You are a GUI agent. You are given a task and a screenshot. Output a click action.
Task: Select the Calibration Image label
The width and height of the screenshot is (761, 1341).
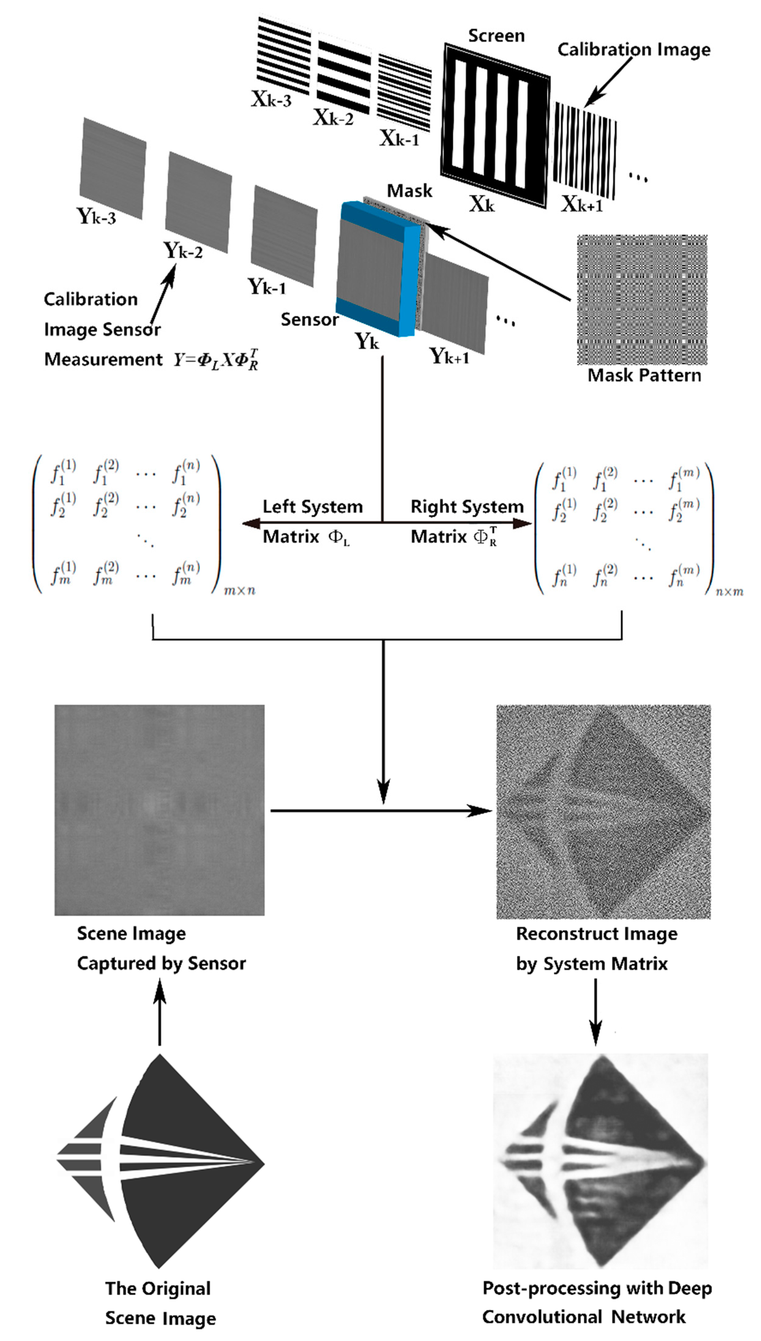coord(633,49)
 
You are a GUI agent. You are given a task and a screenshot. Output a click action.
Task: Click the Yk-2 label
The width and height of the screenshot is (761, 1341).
coord(182,251)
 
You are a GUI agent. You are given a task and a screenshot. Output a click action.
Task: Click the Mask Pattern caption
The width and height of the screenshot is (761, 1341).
coord(644,375)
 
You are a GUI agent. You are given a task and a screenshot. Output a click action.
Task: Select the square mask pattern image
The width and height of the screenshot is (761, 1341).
coord(642,300)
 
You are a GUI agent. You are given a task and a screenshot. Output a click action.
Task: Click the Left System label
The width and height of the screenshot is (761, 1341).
coord(312,506)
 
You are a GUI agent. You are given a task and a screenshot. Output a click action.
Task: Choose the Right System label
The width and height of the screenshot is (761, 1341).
coord(467,506)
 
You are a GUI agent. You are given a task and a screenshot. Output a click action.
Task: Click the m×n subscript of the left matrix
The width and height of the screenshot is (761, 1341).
coord(239,590)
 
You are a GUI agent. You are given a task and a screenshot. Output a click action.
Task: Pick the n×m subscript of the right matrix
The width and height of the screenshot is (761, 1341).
coord(729,592)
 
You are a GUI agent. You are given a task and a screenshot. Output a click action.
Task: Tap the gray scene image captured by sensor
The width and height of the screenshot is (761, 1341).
coord(159,810)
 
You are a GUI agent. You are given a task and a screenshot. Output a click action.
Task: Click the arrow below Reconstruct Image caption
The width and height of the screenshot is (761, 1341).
coord(595,1012)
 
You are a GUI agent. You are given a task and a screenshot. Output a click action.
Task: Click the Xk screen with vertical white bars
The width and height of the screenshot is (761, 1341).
coord(495,126)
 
